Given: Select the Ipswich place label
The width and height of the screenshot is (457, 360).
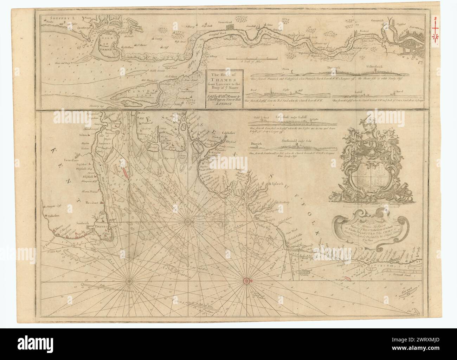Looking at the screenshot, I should [278, 184].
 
